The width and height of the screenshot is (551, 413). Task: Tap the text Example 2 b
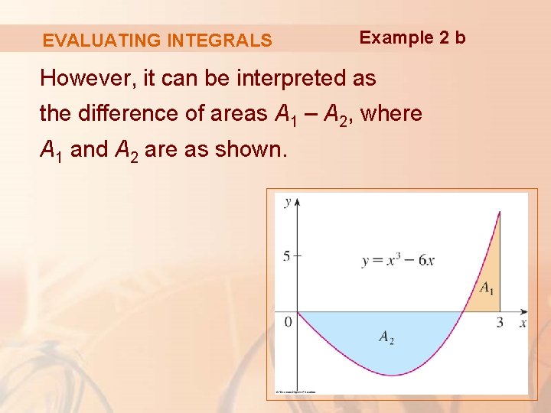coord(412,37)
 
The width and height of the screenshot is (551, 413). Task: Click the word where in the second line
coord(391,114)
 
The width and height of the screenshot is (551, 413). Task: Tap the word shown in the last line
coord(250,150)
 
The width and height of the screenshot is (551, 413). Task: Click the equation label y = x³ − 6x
coord(398,260)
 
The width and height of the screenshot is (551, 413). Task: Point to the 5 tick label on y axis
coord(286,256)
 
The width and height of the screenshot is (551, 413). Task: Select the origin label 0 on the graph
coord(289,322)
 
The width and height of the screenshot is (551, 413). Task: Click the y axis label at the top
coord(288,202)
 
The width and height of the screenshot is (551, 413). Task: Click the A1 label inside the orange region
coord(487,289)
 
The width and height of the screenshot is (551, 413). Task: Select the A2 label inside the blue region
coord(386,337)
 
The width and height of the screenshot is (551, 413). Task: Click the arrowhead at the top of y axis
coord(297,201)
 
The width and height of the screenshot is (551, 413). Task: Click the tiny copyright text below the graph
coord(295,392)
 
